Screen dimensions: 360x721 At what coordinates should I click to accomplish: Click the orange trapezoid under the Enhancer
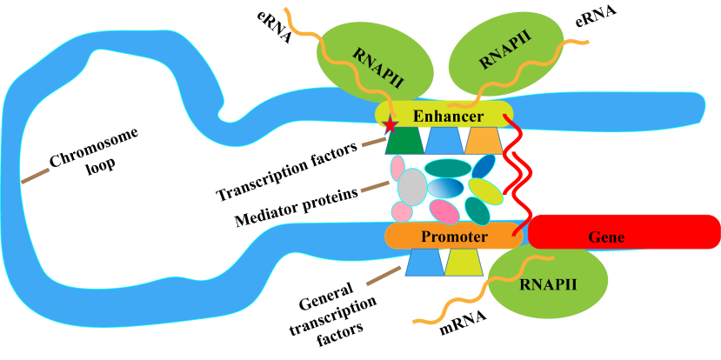(482, 141)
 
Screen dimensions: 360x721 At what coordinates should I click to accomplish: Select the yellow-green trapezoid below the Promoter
(464, 263)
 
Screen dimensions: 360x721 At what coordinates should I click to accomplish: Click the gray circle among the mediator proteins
(412, 186)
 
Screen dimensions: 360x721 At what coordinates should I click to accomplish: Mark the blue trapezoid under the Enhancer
(443, 141)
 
